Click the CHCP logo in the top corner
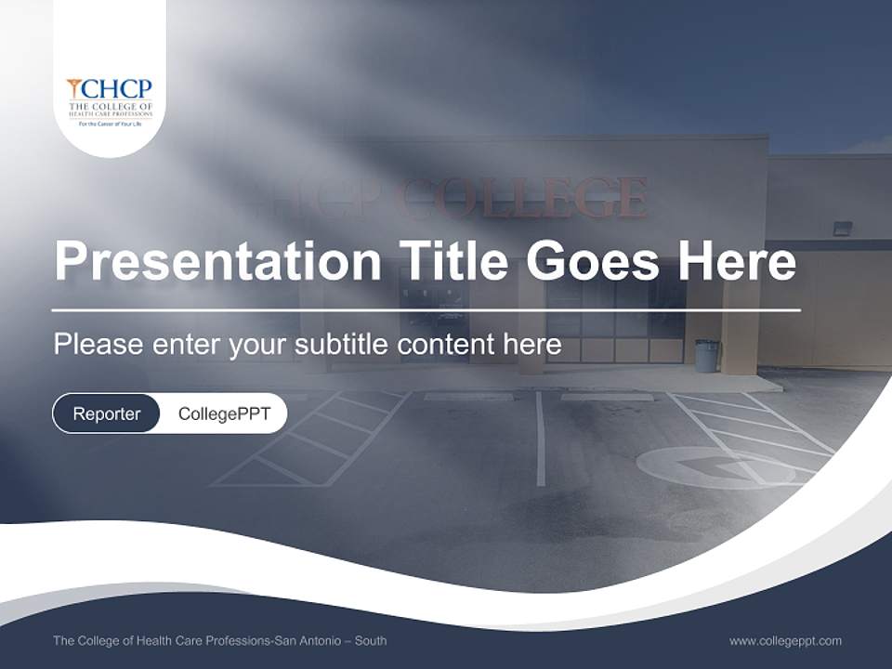coord(110,100)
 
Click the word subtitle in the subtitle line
coord(343,345)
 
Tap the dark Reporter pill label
coord(107,413)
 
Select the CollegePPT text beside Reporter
coord(224,413)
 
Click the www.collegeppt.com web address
coord(785,640)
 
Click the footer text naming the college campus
coord(220,640)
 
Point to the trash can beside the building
coord(707,355)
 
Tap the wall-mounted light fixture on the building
coord(842,228)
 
